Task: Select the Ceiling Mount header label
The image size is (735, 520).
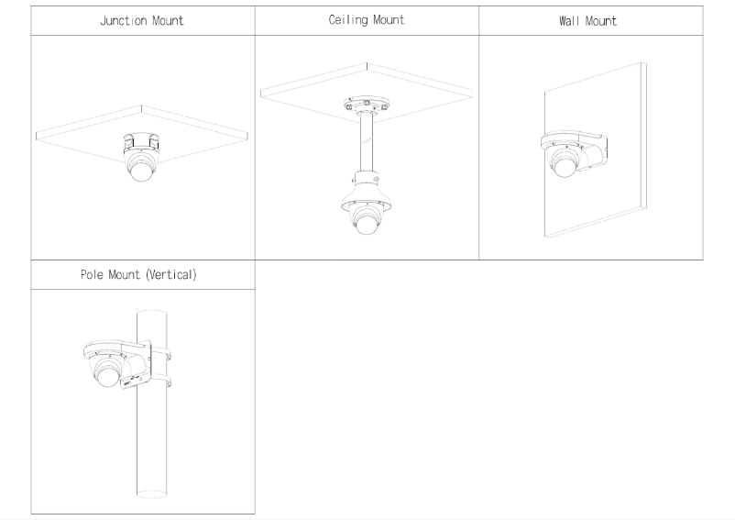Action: (367, 20)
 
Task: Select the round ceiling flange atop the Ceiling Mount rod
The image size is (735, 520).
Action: (367, 104)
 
